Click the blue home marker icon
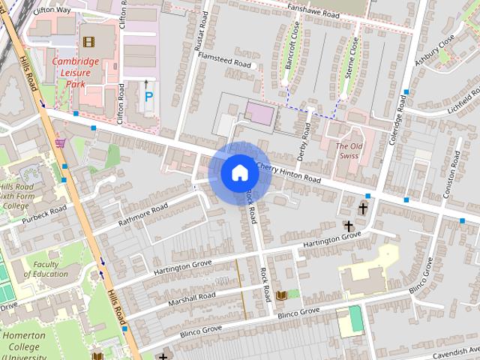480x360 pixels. [x=239, y=172]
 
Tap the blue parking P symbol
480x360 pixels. [x=148, y=97]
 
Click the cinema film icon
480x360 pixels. [x=89, y=41]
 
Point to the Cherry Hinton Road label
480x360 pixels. [x=288, y=173]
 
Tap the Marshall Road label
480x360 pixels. [x=192, y=297]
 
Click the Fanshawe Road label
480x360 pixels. [x=326, y=10]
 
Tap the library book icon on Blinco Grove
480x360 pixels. [x=281, y=296]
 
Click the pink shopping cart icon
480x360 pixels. [x=60, y=142]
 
